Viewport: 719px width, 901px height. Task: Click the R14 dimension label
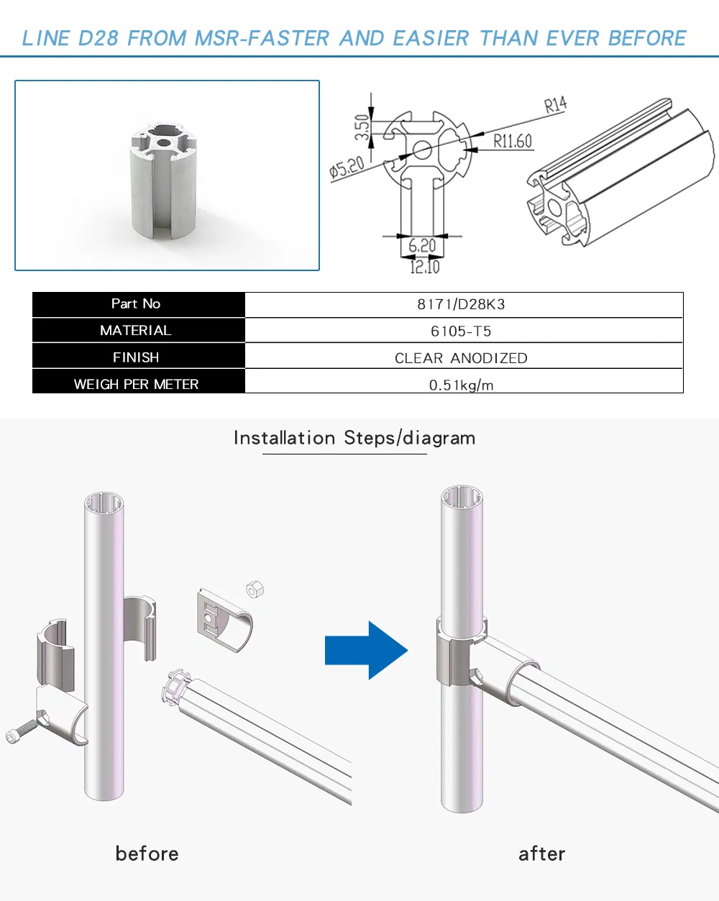[555, 106]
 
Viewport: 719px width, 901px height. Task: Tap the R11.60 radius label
[512, 141]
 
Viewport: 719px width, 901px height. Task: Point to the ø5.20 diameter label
[347, 168]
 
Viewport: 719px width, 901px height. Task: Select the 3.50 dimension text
[362, 127]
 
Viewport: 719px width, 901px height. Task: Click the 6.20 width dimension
[422, 246]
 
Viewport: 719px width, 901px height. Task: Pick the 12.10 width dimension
[424, 267]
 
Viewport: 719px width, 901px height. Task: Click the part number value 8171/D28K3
[461, 304]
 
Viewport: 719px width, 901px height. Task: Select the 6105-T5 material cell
[461, 331]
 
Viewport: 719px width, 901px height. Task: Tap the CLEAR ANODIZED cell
[461, 358]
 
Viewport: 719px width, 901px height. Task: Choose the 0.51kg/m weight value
[461, 385]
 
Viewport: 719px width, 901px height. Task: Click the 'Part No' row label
[136, 303]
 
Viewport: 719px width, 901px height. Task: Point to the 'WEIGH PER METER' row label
[136, 384]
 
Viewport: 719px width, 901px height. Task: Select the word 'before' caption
[147, 854]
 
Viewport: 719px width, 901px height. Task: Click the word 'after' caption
[541, 854]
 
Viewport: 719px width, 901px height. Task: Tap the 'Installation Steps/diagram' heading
[354, 438]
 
